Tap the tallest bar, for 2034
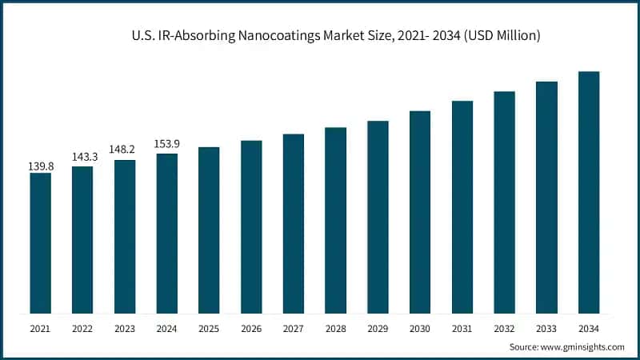pyautogui.click(x=589, y=192)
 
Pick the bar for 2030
pyautogui.click(x=420, y=211)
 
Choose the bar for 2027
pyautogui.click(x=294, y=223)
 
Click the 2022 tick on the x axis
pyautogui.click(x=82, y=328)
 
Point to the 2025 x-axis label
pyautogui.click(x=209, y=328)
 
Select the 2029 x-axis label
pyautogui.click(x=378, y=328)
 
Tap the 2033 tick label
pyautogui.click(x=546, y=328)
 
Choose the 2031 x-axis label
pyautogui.click(x=462, y=328)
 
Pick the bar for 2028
pyautogui.click(x=335, y=220)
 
